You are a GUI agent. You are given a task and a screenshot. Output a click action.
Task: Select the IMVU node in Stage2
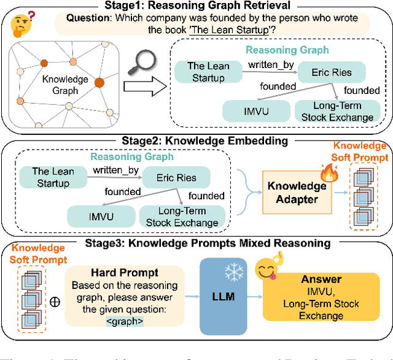point(98,215)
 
